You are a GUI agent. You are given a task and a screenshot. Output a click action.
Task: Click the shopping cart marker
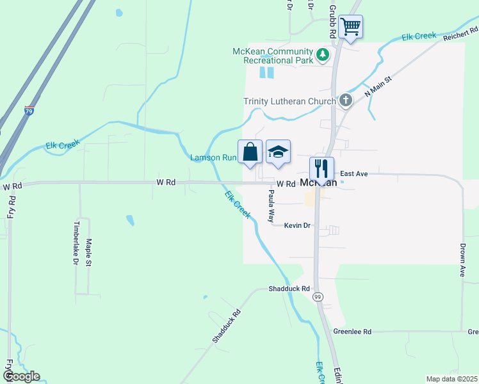(x=350, y=27)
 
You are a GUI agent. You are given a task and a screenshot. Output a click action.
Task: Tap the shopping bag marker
(x=250, y=152)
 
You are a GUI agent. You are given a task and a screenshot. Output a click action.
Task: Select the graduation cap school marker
(x=278, y=152)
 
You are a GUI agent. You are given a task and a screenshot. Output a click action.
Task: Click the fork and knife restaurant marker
(x=321, y=169)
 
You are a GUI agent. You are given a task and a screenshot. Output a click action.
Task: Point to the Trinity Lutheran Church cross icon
(x=346, y=100)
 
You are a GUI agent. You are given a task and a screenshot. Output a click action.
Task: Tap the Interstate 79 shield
(x=29, y=111)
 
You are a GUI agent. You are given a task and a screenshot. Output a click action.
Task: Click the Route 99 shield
(x=318, y=297)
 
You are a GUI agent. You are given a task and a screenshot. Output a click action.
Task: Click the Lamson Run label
(x=214, y=157)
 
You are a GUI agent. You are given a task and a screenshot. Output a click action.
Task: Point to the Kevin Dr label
(x=297, y=225)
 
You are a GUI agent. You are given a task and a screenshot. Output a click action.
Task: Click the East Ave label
(x=353, y=173)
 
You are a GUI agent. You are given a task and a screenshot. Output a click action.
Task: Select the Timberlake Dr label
(x=76, y=243)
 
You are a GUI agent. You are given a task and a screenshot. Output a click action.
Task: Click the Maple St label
(x=88, y=252)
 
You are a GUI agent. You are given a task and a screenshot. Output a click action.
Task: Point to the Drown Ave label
(x=462, y=259)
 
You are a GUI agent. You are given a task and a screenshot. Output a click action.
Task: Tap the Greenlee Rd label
(x=352, y=332)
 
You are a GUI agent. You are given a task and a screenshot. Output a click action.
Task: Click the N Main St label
(x=378, y=85)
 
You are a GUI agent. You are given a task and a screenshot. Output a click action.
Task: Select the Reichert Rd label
(x=460, y=35)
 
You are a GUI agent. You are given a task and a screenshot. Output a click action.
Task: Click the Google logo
(x=20, y=376)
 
